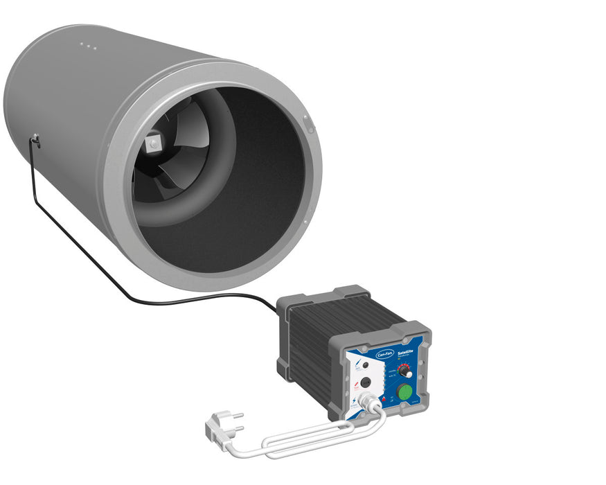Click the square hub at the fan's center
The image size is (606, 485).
click(153, 144)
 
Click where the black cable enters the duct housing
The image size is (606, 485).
click(35, 141)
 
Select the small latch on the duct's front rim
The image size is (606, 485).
click(308, 125)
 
